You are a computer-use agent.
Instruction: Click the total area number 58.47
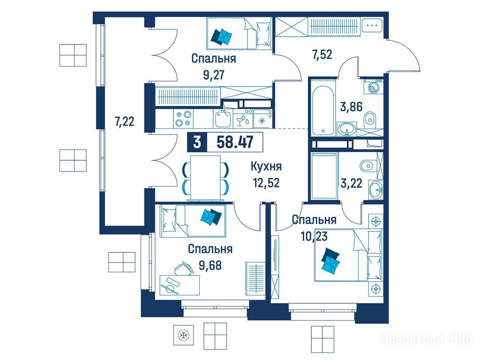235,142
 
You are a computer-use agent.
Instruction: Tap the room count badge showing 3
197,142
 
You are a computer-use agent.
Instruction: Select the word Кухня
266,167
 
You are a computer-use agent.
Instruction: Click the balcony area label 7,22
124,122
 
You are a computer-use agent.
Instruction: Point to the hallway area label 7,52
322,55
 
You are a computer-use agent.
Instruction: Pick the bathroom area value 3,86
352,107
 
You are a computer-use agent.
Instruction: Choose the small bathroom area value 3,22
352,183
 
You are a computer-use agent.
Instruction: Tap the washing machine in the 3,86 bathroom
373,87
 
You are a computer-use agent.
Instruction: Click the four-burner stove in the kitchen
183,119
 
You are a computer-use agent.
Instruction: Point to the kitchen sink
223,119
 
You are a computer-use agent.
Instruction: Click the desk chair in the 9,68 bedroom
183,269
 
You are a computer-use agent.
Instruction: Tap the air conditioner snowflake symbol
183,335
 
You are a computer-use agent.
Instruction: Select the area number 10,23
315,236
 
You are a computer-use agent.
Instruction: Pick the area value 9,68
210,265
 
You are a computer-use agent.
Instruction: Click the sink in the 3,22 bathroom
376,189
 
